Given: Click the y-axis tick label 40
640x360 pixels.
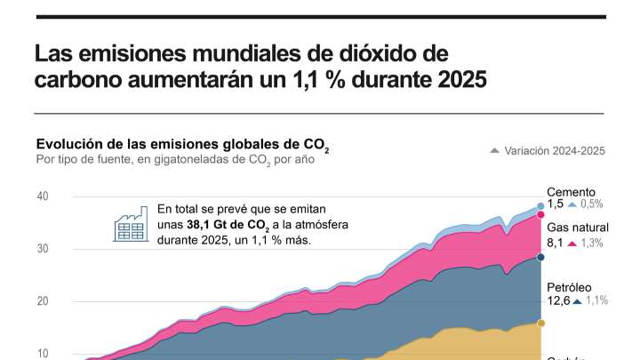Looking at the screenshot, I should coord(42,196).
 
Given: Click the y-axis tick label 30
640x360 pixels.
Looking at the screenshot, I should coord(42,249).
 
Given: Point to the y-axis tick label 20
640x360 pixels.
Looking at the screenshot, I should coord(42,301).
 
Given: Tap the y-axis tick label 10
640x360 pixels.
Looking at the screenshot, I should coord(42,353).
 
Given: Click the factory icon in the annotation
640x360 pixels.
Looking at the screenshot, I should coord(130,224).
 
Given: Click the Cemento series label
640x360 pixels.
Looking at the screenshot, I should coord(571,192).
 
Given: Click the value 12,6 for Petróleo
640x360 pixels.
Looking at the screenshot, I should coord(556,301).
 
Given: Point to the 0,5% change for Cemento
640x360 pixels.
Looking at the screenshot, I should coord(597,204).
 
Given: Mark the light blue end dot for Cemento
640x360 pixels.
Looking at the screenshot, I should coord(540,206).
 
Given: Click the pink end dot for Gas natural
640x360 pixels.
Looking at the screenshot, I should coord(540,215).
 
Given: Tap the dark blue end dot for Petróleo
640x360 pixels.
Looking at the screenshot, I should coord(540,258).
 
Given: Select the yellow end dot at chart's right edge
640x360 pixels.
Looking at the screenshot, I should coord(540,323).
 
